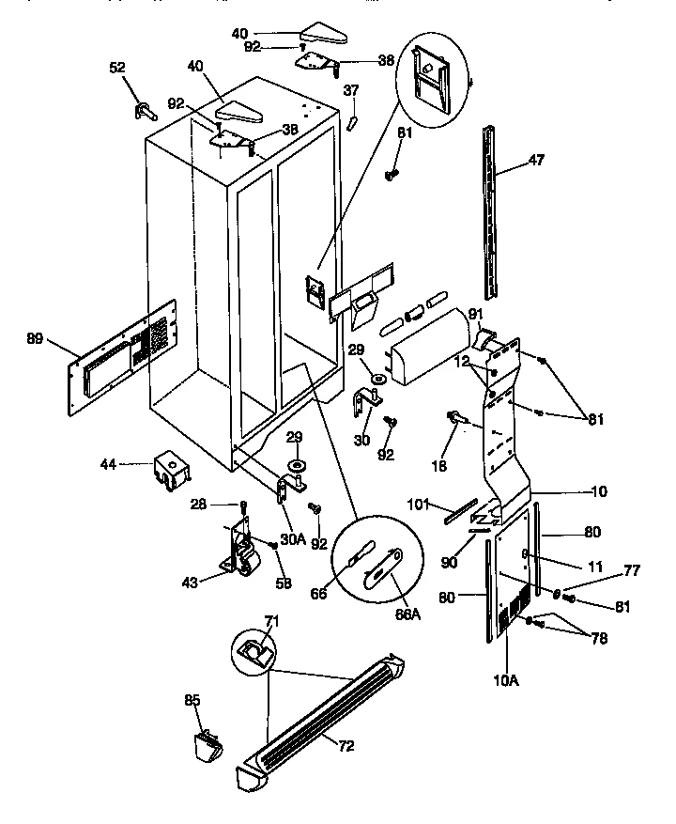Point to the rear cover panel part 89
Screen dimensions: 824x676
122,359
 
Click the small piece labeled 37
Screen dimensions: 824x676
352,122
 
